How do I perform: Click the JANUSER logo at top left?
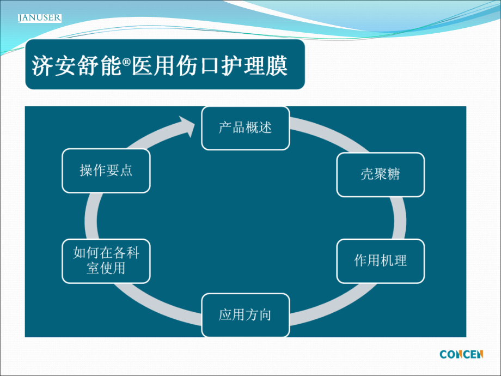pos(39,19)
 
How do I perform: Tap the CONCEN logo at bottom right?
pos(461,355)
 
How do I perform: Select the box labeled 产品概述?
pos(245,128)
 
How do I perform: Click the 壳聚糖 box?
pos(380,174)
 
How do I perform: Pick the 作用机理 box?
pos(380,261)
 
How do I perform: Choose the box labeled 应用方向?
pos(245,315)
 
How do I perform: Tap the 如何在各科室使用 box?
pos(106,261)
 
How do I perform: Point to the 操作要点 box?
pos(106,171)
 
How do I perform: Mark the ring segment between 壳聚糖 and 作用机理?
pos(400,218)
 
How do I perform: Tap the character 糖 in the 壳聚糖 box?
pos(393,174)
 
